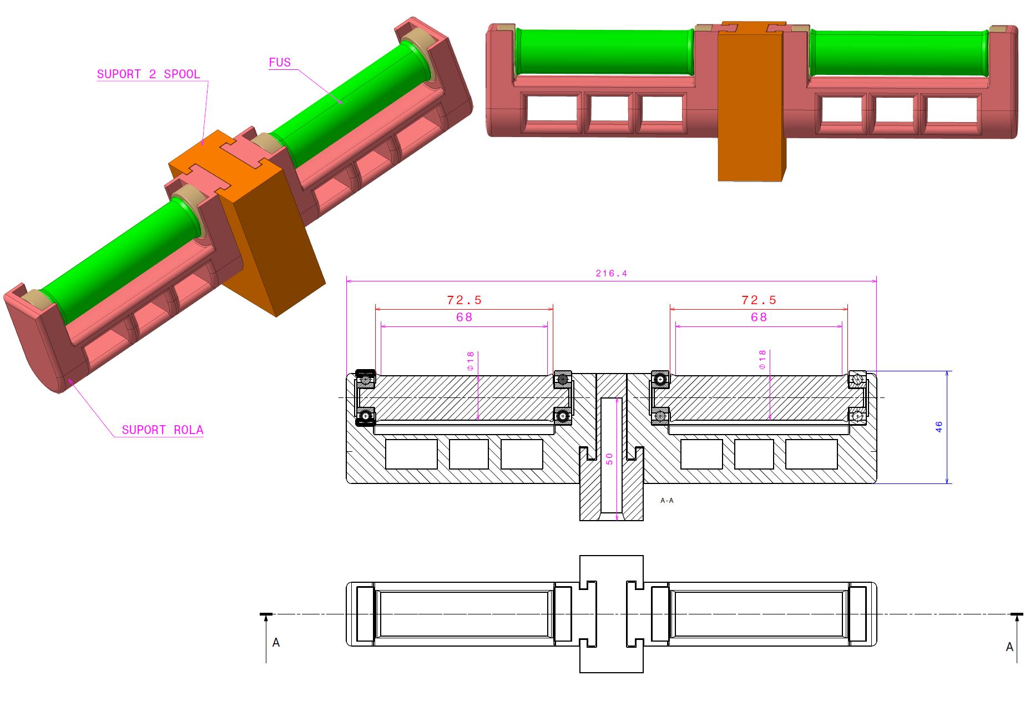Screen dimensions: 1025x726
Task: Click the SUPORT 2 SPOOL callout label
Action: coord(148,74)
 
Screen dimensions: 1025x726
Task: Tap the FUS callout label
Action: coord(280,63)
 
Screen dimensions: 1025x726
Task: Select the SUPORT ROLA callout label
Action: coord(163,430)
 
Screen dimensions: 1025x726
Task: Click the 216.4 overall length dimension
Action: coord(611,274)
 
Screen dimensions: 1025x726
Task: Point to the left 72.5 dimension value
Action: coord(464,300)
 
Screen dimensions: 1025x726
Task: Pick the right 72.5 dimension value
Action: coord(759,300)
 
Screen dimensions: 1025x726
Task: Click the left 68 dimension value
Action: coord(464,317)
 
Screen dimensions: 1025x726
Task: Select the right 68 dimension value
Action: coord(759,317)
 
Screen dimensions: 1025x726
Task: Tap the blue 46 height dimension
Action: coord(938,427)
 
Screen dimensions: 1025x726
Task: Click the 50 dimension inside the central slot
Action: coord(609,459)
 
